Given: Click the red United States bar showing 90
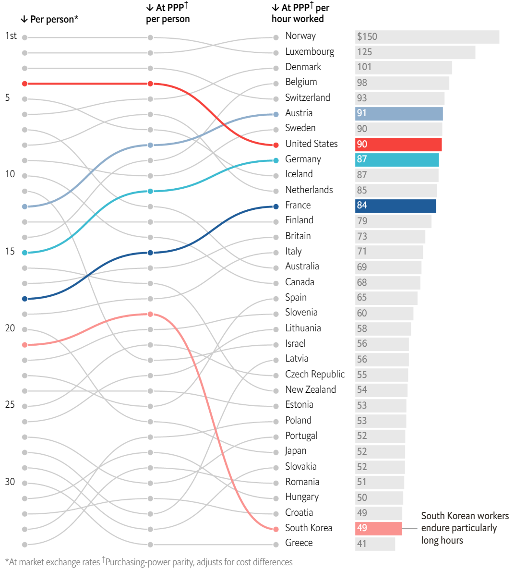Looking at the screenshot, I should coord(398,145).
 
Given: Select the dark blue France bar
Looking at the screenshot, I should coord(395,206).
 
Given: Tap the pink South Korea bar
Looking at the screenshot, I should coord(378,529).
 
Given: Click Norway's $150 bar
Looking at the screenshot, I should coord(427,37).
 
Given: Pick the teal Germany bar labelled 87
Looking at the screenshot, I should coord(396,160).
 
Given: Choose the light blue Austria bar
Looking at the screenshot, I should coord(399,114).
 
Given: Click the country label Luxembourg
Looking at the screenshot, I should coord(310,52).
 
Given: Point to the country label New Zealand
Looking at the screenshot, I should coord(311,390).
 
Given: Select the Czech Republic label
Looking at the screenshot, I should coord(315,375).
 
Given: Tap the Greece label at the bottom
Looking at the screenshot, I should coord(299,543).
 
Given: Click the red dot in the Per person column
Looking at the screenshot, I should coord(24,84).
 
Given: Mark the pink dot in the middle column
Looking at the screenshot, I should coord(150,314).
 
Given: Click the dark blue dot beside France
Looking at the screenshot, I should coord(276,206).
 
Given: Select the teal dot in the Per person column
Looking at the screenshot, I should coord(24,253).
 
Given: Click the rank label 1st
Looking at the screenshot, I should coord(11,36).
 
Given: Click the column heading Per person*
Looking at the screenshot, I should coord(49,19).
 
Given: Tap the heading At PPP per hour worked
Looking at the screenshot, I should coord(300,13).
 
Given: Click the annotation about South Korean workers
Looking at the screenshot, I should coord(465,528).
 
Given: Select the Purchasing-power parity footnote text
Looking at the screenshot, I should coord(198,562).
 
